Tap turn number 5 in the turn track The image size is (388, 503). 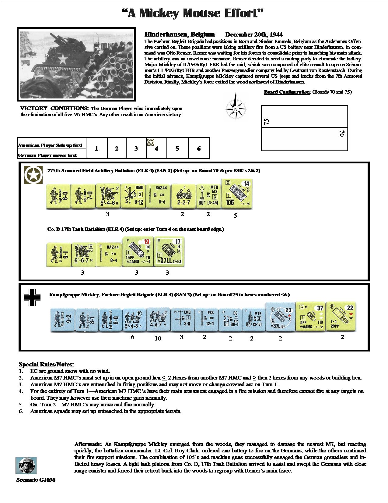coord(177,148)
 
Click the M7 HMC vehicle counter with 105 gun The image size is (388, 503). coord(237,194)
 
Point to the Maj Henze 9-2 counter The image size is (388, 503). coord(62,319)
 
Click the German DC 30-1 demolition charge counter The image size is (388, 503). coord(230,319)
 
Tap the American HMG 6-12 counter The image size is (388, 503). coord(133,196)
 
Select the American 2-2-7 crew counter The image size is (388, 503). coord(183,196)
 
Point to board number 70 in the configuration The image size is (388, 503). coord(342,134)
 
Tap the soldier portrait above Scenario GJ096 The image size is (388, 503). coord(26,466)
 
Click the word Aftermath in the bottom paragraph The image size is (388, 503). coord(88,444)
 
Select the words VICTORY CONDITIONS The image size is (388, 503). coord(54,108)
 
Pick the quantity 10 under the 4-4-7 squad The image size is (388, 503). coord(158,338)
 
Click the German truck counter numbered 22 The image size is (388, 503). coord(341,317)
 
